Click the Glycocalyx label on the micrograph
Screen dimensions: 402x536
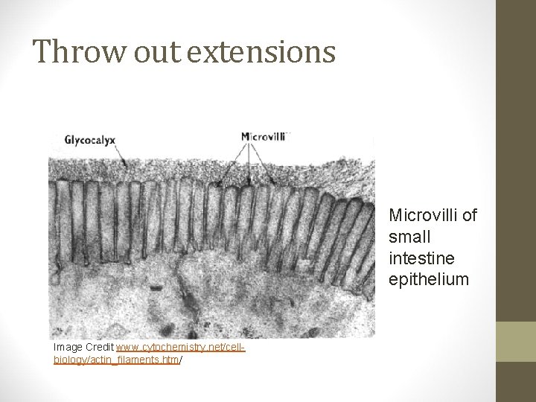point(95,138)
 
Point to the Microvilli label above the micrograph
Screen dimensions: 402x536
point(265,137)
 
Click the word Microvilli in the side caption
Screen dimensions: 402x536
point(421,216)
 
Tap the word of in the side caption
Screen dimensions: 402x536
point(468,216)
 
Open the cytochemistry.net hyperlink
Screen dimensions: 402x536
point(180,347)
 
